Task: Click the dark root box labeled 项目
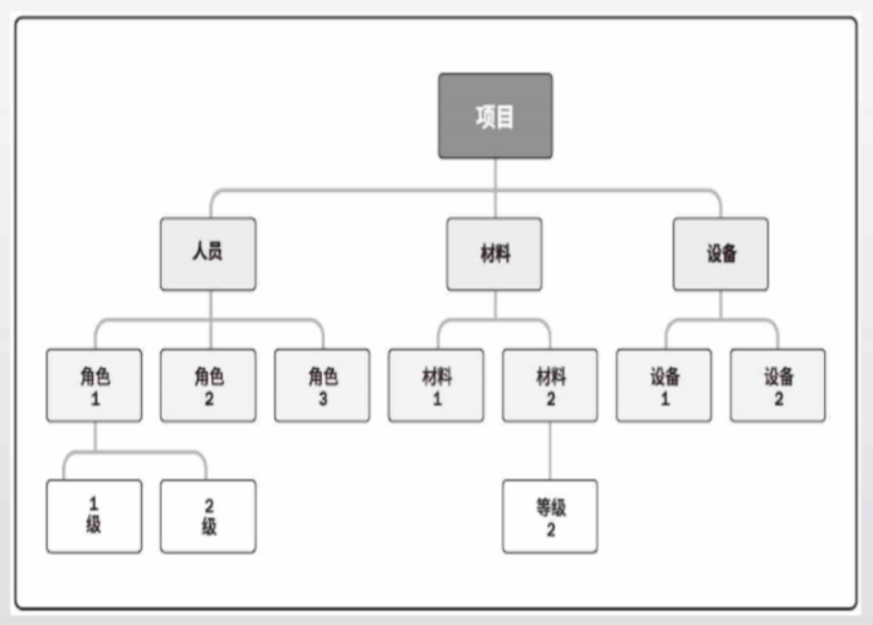pos(495,116)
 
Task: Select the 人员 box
pos(208,254)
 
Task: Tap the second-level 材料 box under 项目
pos(494,254)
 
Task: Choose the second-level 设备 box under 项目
pos(721,254)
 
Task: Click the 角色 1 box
pos(94,385)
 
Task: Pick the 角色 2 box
pos(208,385)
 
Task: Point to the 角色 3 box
pos(322,385)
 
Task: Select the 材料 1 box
pos(436,385)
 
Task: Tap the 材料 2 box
pos(550,385)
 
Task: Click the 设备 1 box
pos(664,385)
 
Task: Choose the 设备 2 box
pos(778,385)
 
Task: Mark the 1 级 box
pos(94,516)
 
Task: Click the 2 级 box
pos(208,516)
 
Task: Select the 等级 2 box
pos(550,516)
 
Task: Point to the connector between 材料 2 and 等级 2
pos(550,451)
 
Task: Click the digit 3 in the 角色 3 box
pos(323,399)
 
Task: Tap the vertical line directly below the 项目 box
pos(495,188)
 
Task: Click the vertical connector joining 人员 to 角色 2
pos(210,319)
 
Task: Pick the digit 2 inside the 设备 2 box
pos(779,399)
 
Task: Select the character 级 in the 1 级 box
pos(94,525)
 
